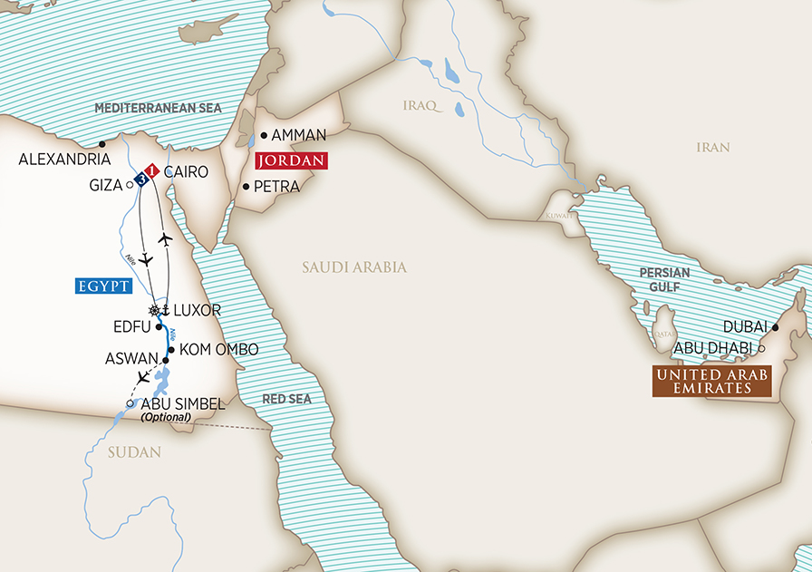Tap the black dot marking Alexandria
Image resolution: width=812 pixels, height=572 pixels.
coord(102,143)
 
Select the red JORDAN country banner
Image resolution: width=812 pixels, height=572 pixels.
coord(290,161)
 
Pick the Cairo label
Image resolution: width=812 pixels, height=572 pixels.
coord(187,171)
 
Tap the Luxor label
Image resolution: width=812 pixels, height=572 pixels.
coord(198,310)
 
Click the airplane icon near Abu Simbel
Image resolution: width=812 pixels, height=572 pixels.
coord(142,376)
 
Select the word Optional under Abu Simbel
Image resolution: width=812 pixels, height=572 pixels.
coord(166,417)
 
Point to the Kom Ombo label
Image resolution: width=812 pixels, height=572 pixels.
coord(218,349)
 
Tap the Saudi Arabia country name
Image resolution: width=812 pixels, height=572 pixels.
coord(354,267)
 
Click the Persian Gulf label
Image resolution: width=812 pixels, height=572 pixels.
coord(664,278)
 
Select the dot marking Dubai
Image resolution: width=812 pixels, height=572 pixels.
coord(776,328)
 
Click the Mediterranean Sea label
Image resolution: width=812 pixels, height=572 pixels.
coord(158,108)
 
